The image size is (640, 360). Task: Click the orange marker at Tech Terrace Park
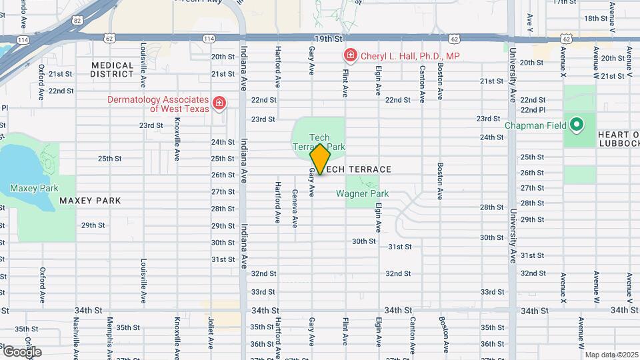320,159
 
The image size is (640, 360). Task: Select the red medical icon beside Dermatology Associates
219,103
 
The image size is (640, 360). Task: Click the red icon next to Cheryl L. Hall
349,55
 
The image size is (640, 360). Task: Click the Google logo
21,351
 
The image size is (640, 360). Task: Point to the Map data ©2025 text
611,355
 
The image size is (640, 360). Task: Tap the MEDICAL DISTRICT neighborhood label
113,69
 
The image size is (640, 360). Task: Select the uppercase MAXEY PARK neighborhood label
90,201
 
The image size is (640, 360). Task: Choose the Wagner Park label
362,194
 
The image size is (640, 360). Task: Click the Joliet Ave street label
210,333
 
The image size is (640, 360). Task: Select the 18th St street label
593,18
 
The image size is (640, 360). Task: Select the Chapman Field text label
535,125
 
